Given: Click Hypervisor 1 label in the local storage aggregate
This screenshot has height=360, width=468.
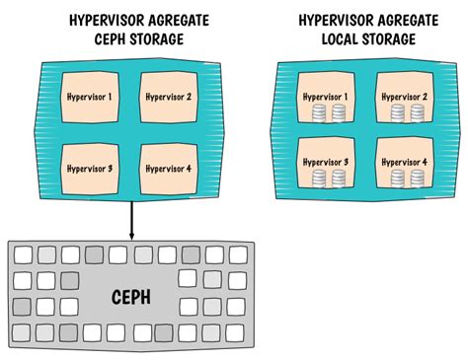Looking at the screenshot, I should click(x=331, y=97).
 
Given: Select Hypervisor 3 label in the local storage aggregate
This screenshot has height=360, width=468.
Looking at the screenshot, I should click(x=331, y=162).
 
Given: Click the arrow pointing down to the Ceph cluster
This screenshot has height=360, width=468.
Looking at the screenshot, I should click(x=131, y=222).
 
